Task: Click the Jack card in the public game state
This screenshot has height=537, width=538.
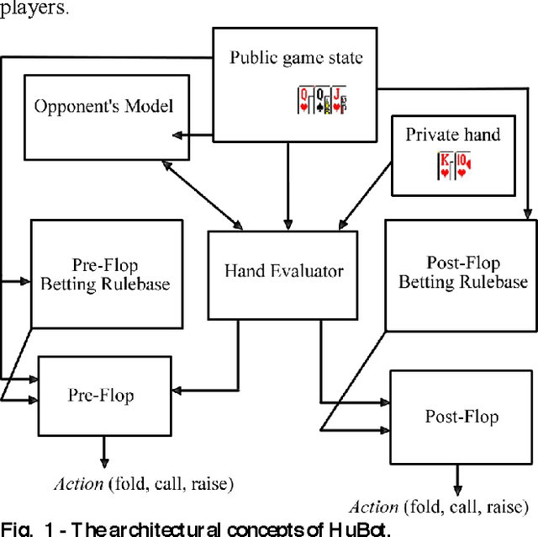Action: (x=338, y=99)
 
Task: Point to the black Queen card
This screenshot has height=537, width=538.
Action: (x=320, y=99)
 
